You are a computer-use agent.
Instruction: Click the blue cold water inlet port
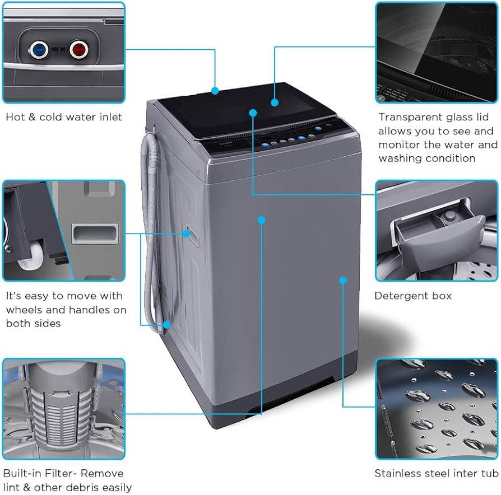pos(39,50)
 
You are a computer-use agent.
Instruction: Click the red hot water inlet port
pos(78,50)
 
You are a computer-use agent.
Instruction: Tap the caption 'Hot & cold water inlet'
pos(64,118)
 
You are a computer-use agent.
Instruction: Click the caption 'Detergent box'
pos(412,296)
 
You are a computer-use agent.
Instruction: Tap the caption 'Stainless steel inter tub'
pos(436,474)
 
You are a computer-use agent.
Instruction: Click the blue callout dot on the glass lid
pos(275,102)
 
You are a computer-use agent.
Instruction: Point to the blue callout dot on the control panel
pos(253,113)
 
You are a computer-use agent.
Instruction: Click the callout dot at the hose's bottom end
pos(167,324)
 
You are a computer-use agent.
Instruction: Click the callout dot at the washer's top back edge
pos(215,90)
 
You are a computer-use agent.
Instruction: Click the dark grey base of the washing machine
pos(280,409)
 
